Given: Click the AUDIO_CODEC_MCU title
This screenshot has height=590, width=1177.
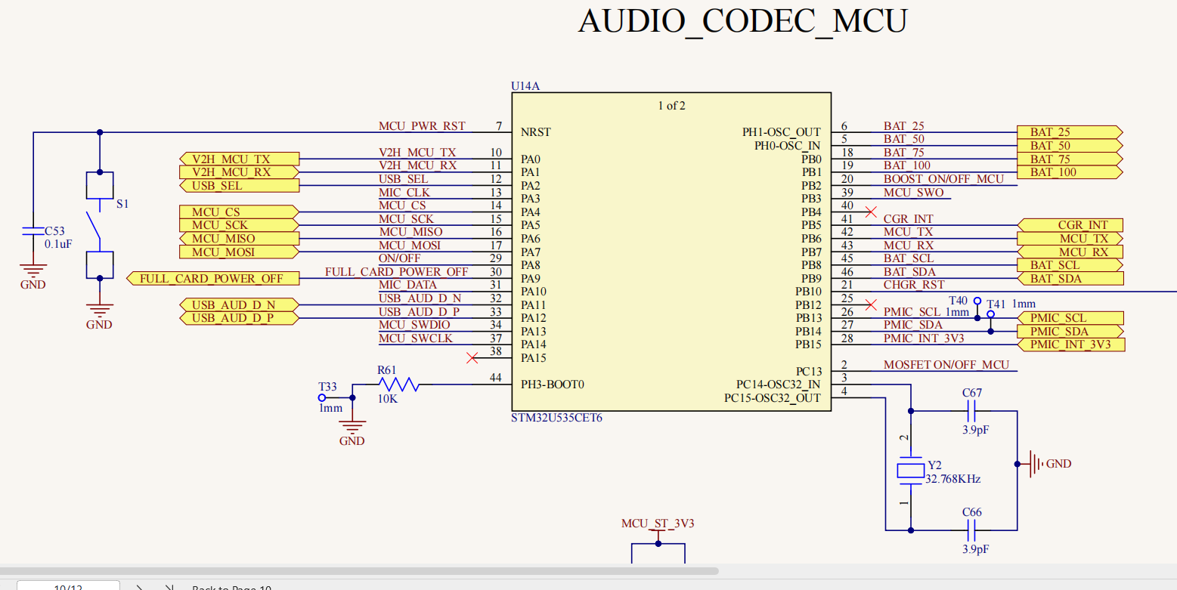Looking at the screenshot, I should click(x=742, y=21).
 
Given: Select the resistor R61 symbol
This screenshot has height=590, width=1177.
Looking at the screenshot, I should click(x=398, y=385).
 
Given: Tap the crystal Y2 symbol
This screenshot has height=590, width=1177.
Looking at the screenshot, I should click(x=910, y=471).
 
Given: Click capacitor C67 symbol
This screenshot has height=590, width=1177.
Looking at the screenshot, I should click(x=972, y=412).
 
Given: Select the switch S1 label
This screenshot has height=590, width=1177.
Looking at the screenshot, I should click(x=122, y=205).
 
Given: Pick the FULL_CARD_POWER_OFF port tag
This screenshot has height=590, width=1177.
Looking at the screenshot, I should click(x=212, y=279).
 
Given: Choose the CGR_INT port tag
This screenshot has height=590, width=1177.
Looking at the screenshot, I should click(x=1070, y=225).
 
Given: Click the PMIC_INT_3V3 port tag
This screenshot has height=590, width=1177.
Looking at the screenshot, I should click(x=1070, y=344).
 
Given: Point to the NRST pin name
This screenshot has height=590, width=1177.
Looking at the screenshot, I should click(x=535, y=132).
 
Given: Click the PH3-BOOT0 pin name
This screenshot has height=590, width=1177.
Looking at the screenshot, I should click(x=552, y=385).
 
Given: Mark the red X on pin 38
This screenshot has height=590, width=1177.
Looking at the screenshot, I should click(x=472, y=357).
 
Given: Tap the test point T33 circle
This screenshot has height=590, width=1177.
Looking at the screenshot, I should click(x=322, y=397).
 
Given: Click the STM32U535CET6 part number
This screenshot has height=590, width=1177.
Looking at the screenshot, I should click(x=561, y=417).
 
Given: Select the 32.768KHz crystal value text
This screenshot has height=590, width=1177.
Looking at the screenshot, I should click(x=953, y=479).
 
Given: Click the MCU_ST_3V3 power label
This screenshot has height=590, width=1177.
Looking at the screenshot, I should click(x=658, y=524).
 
